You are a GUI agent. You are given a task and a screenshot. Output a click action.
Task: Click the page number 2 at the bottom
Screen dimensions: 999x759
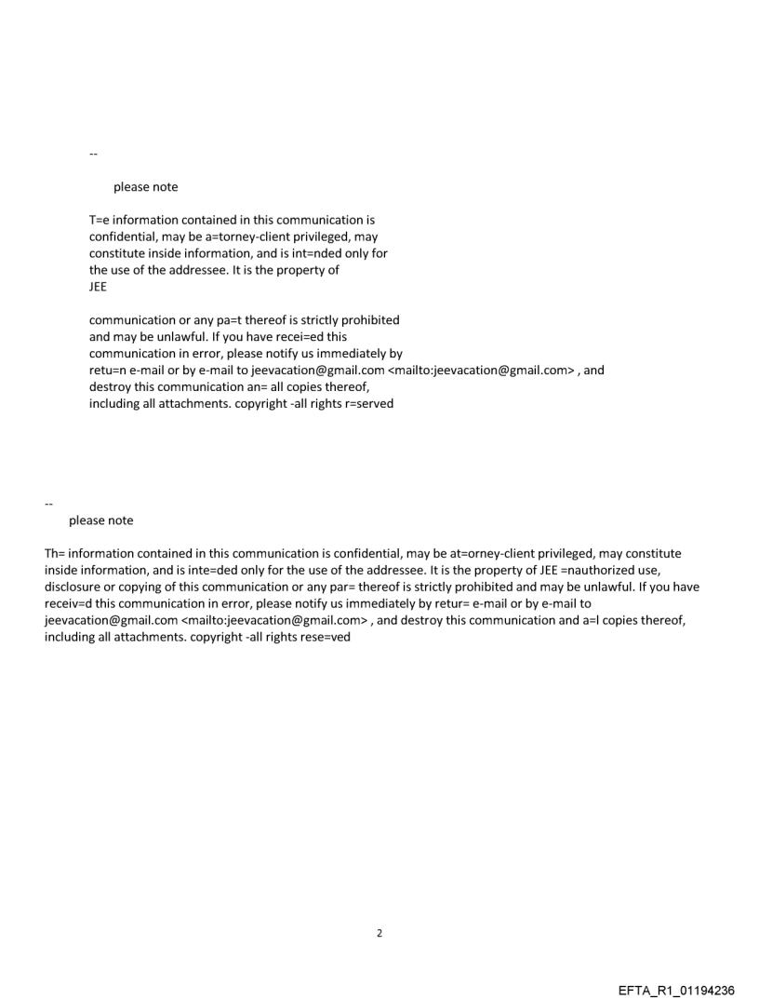[x=379, y=933]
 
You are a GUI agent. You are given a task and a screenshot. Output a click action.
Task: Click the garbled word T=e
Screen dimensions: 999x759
[x=100, y=221]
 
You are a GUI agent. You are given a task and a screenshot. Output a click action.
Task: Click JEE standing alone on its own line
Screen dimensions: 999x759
[x=98, y=287]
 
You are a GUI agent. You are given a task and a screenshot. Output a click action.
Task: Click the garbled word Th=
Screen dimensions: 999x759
[x=55, y=554]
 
